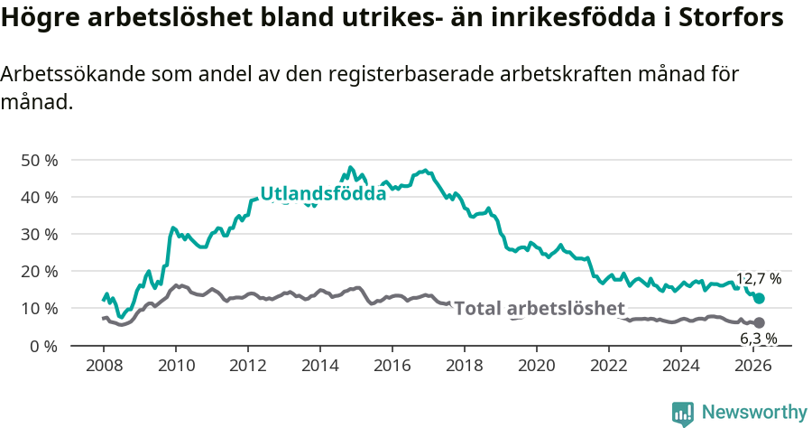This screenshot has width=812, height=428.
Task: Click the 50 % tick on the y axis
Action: coord(39,160)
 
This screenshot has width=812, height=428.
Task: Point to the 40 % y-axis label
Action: coord(39,197)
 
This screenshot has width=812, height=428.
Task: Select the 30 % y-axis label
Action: coord(39,234)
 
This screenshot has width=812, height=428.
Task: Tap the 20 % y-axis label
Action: coord(39,271)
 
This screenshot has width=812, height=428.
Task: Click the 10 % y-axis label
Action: coord(39,308)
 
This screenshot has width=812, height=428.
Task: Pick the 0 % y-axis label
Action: coord(43,345)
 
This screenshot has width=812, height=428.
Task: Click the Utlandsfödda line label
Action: coord(323,193)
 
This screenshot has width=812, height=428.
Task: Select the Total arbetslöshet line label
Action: coord(539,309)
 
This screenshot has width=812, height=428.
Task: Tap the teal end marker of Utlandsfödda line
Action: coord(760,298)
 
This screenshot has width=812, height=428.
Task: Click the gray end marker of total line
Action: coord(759,322)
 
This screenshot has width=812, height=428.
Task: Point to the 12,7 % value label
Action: coord(758,279)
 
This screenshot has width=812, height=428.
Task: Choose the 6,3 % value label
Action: coord(758,339)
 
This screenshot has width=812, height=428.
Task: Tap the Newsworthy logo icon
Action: coord(683,413)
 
